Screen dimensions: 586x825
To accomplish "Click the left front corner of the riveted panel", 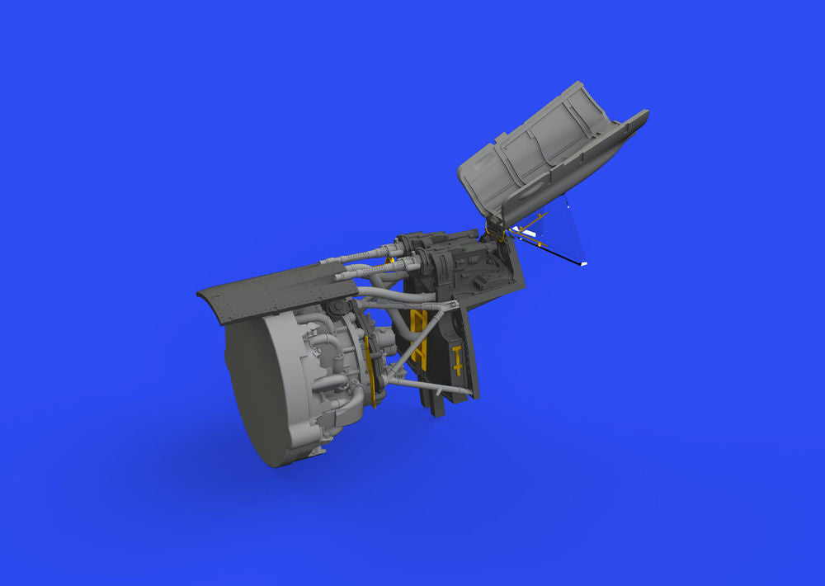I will coord(200,294).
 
